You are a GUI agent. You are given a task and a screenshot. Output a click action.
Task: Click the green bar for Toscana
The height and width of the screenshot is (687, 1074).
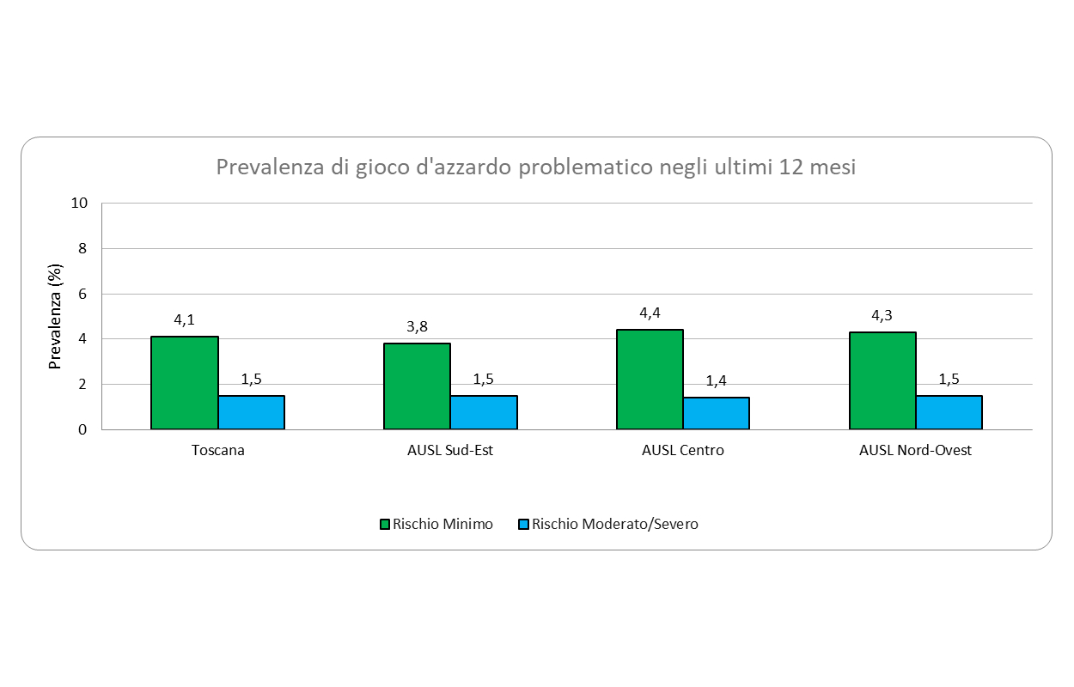pyautogui.click(x=185, y=383)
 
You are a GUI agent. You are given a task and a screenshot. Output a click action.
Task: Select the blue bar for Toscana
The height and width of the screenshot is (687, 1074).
pyautogui.click(x=251, y=412)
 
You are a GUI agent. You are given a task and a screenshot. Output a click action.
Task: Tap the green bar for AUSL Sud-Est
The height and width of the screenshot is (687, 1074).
pyautogui.click(x=417, y=386)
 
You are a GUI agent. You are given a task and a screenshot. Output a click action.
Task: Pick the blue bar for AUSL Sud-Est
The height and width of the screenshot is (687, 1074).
pyautogui.click(x=484, y=412)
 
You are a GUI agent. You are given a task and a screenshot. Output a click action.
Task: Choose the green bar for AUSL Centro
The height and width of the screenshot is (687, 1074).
pyautogui.click(x=650, y=380)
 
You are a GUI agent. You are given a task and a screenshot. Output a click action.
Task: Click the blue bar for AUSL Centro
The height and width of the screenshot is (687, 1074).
pyautogui.click(x=717, y=413)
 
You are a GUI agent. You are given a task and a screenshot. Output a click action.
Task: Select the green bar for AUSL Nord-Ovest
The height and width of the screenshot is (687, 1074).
pyautogui.click(x=882, y=380)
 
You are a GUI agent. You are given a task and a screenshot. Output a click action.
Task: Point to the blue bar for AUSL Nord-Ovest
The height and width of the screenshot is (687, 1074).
pyautogui.click(x=949, y=412)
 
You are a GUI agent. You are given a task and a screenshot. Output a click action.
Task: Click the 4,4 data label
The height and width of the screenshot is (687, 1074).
pyautogui.click(x=650, y=313)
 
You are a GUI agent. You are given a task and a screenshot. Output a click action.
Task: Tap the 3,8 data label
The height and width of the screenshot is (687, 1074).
pyautogui.click(x=417, y=326)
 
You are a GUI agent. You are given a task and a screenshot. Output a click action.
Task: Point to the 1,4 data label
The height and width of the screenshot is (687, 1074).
pyautogui.click(x=717, y=380)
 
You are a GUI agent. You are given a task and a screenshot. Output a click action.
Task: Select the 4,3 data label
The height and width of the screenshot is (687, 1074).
pyautogui.click(x=882, y=315)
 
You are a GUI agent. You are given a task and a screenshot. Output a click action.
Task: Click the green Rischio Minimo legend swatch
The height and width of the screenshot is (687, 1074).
pyautogui.click(x=385, y=524)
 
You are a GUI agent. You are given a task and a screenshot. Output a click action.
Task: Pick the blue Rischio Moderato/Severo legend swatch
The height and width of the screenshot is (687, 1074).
pyautogui.click(x=524, y=524)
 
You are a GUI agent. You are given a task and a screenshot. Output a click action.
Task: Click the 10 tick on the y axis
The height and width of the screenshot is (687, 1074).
pyautogui.click(x=80, y=204)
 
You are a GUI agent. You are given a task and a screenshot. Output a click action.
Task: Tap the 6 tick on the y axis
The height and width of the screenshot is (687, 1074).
pyautogui.click(x=83, y=294)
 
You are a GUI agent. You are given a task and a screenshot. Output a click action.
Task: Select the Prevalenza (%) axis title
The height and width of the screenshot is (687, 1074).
pyautogui.click(x=56, y=317)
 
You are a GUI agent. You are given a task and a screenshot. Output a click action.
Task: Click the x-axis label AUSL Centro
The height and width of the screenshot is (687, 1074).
pyautogui.click(x=683, y=450)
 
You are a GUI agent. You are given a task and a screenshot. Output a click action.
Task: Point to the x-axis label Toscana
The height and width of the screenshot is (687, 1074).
pyautogui.click(x=218, y=450)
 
